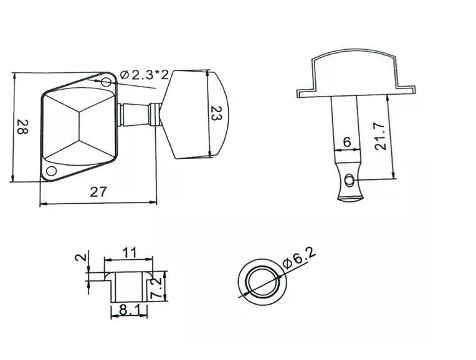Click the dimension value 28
pyautogui.click(x=22, y=129)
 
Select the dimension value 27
pyautogui.click(x=98, y=192)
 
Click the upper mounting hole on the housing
pyautogui.click(x=107, y=82)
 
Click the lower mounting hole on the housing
pyautogui.click(x=52, y=171)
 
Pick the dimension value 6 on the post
pyautogui.click(x=347, y=143)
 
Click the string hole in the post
pyautogui.click(x=350, y=181)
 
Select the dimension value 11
pyautogui.click(x=128, y=253)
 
